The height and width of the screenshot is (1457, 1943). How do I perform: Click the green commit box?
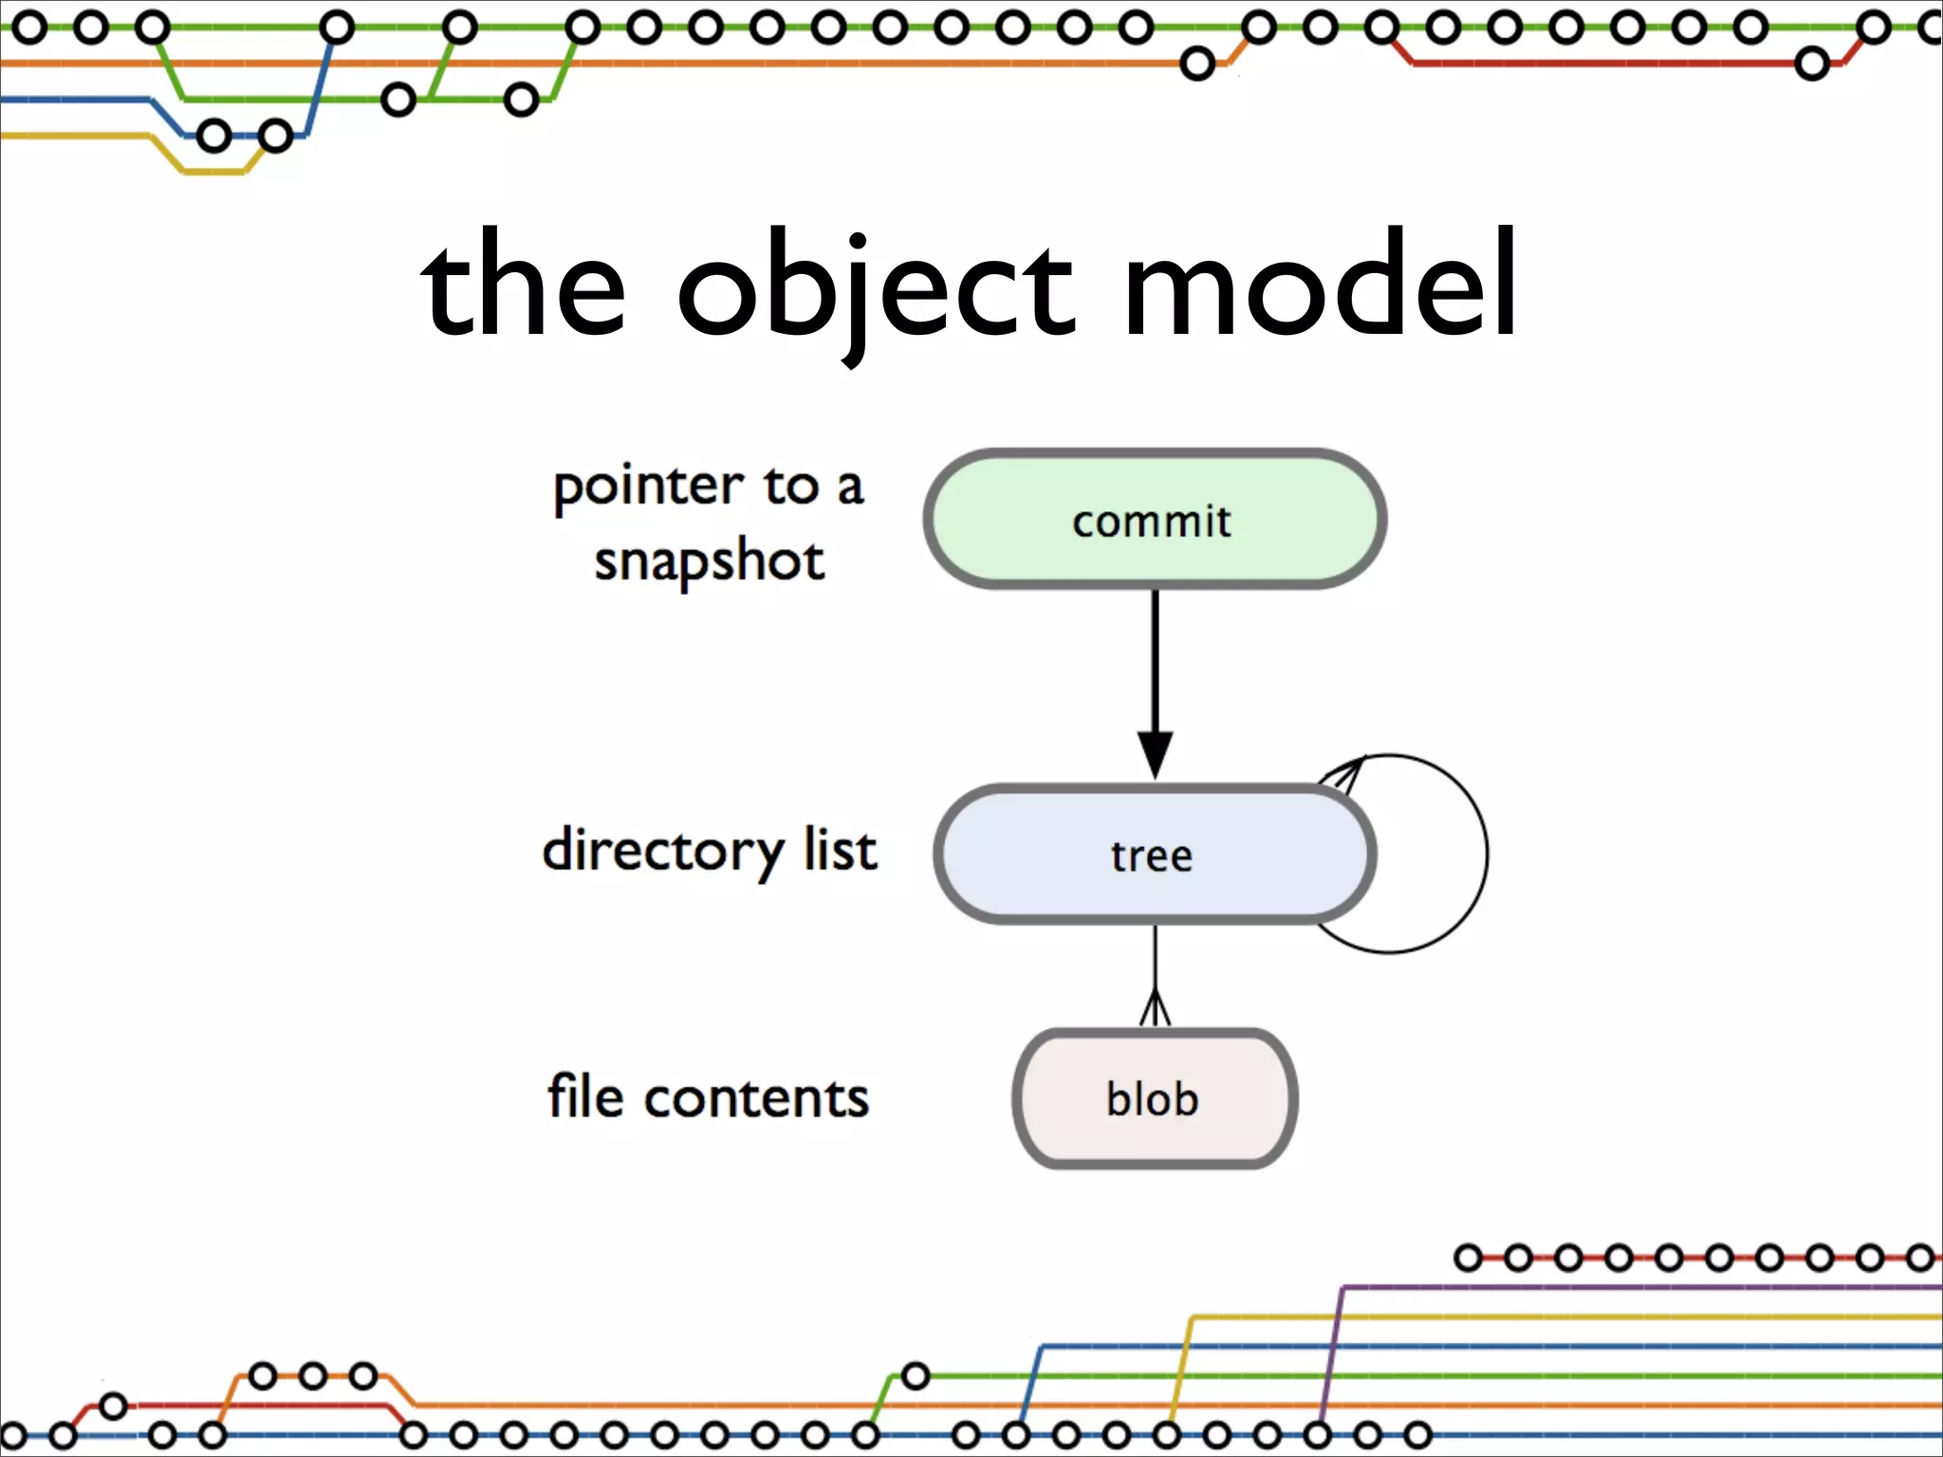point(1155,520)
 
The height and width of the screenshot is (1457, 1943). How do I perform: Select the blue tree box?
point(1155,855)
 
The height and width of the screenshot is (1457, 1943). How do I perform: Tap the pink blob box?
point(1155,1098)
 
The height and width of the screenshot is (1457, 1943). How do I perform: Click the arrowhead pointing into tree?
point(1155,755)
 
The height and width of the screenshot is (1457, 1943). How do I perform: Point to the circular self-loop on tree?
point(1485,854)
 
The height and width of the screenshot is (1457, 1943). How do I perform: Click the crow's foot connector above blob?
point(1155,1007)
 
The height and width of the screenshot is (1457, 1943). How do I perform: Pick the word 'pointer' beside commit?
point(648,488)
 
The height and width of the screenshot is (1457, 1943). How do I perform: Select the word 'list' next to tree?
point(840,849)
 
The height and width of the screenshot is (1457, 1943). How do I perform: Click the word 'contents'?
point(756,1098)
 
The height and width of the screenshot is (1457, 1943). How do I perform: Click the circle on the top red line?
point(1811,65)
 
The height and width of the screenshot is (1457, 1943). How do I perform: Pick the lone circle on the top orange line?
point(1197,65)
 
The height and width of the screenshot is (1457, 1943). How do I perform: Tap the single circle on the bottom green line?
point(915,1375)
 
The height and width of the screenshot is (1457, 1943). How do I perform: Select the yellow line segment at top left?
point(76,136)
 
